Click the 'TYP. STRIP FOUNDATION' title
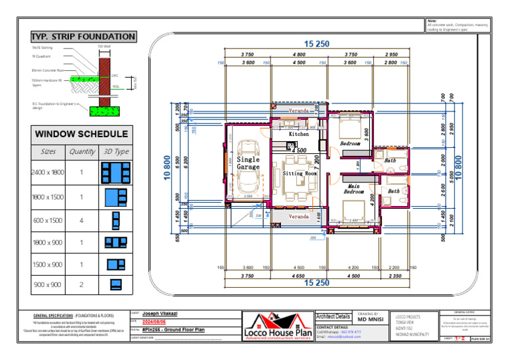pos(84,37)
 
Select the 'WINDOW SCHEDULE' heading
pos(81,135)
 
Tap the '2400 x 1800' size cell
pos(48,173)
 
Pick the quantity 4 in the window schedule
pos(82,220)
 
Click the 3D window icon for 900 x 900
pos(115,285)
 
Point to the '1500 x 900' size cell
pos(48,265)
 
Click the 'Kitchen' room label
pos(298,134)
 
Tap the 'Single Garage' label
pos(249,163)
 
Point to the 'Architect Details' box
pos(333,317)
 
